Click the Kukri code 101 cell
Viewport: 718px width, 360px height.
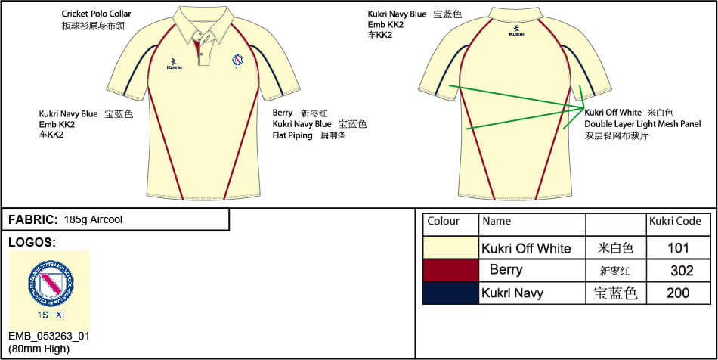tap(679, 247)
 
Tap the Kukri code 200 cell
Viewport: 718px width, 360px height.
tap(679, 293)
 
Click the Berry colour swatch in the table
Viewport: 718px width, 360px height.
tap(450, 270)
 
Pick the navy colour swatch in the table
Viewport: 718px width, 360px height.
tap(450, 293)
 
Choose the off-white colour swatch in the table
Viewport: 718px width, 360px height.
tap(450, 247)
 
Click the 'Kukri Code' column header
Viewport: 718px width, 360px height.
tap(675, 222)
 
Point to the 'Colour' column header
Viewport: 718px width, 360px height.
tap(444, 222)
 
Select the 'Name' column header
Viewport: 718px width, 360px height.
tap(497, 222)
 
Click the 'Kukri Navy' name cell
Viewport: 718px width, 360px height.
tap(512, 293)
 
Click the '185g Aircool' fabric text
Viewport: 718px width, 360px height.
tap(94, 219)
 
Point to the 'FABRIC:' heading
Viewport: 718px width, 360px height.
tap(32, 219)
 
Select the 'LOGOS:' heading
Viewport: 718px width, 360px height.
tap(31, 242)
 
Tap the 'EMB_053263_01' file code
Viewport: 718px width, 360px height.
tap(48, 335)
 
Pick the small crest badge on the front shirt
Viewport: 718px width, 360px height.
tap(239, 59)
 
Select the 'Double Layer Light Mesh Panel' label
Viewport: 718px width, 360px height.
tap(642, 124)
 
